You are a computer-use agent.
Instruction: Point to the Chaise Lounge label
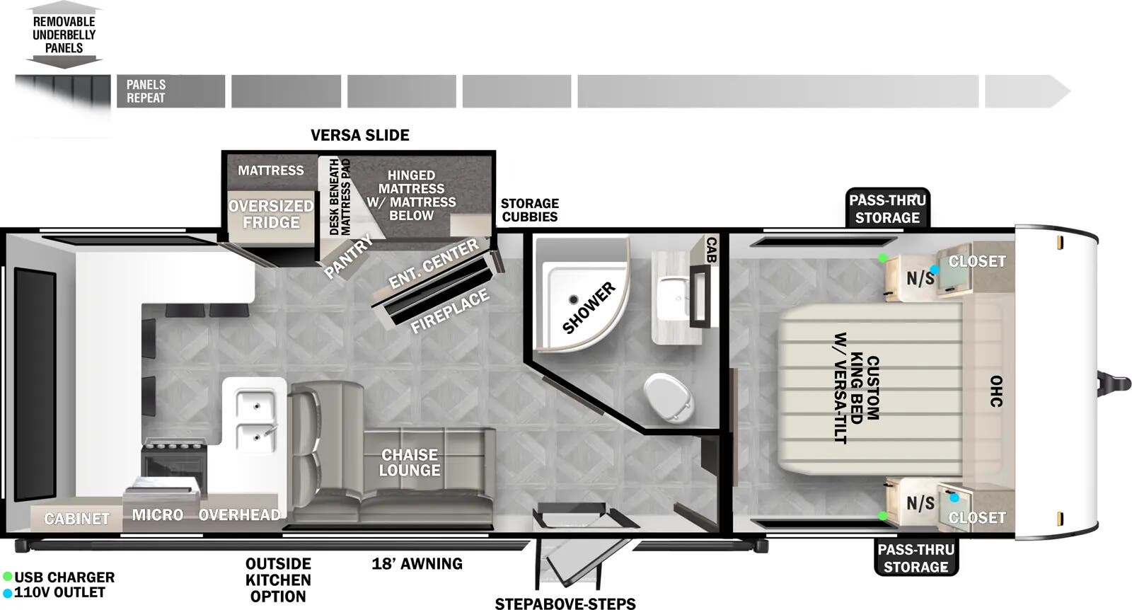[410, 463]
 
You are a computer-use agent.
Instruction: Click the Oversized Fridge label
[270, 214]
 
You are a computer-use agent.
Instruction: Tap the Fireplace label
[450, 311]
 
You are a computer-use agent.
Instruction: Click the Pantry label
[347, 257]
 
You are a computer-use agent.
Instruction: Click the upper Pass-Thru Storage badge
[887, 209]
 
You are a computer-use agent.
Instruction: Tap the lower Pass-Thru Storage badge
[916, 558]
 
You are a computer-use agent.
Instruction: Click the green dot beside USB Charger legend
[8, 577]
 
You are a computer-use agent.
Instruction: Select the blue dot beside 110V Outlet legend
[8, 593]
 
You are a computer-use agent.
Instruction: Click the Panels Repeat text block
[146, 91]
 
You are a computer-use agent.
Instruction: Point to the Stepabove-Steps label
[565, 604]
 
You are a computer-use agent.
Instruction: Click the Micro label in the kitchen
[157, 514]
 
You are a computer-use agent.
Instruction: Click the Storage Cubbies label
[529, 210]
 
